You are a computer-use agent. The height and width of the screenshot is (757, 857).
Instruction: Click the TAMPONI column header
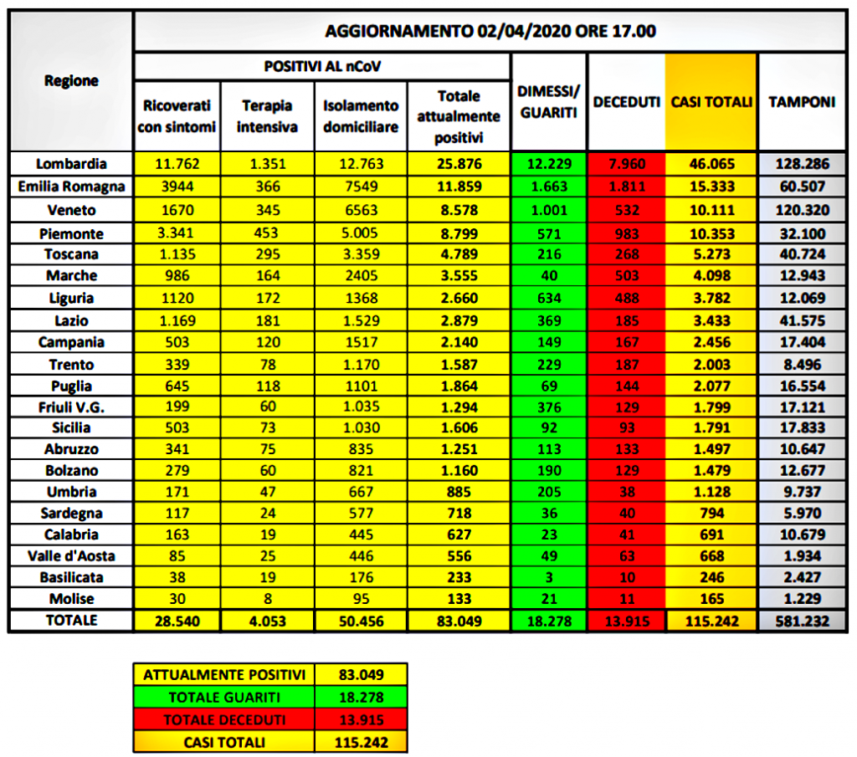point(802,102)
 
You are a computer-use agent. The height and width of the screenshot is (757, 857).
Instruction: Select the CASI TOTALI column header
point(711,102)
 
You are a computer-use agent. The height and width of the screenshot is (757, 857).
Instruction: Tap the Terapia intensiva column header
point(268,116)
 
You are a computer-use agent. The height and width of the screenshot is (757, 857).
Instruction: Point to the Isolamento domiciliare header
point(361,116)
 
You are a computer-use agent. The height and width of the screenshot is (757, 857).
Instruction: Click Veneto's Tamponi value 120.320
point(802,209)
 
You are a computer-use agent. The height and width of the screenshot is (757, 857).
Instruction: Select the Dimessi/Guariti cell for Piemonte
point(548,232)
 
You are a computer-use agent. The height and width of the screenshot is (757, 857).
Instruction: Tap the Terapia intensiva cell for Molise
point(268,599)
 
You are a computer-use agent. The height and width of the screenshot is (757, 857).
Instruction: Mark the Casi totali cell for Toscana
point(711,254)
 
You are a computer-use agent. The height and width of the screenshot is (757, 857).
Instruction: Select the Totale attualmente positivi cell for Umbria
point(459,491)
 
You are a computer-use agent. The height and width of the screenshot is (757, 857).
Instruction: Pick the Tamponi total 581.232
point(802,621)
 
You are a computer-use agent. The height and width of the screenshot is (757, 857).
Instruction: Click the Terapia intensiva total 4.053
point(268,621)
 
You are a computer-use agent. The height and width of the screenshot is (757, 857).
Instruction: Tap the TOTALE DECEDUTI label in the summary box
point(223,719)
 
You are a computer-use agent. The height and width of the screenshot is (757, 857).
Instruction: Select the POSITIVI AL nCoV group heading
point(323,65)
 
